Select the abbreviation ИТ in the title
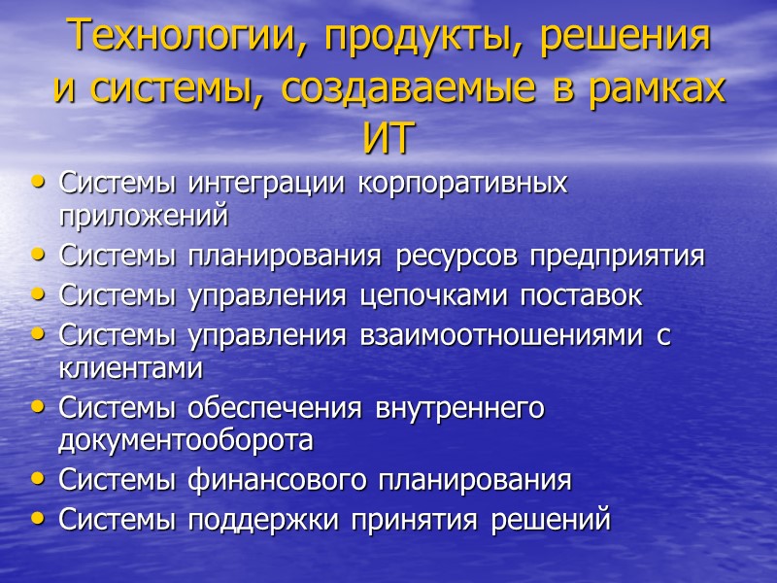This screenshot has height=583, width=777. tap(388, 138)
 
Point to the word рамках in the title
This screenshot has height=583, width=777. tap(658, 88)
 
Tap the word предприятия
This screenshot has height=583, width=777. tap(607, 257)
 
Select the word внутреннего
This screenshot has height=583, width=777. tap(460, 409)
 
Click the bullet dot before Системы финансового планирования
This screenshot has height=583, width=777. tap(38, 478)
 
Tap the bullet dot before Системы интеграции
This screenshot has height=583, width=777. tap(38, 181)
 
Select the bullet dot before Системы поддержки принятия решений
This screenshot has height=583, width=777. tap(38, 518)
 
